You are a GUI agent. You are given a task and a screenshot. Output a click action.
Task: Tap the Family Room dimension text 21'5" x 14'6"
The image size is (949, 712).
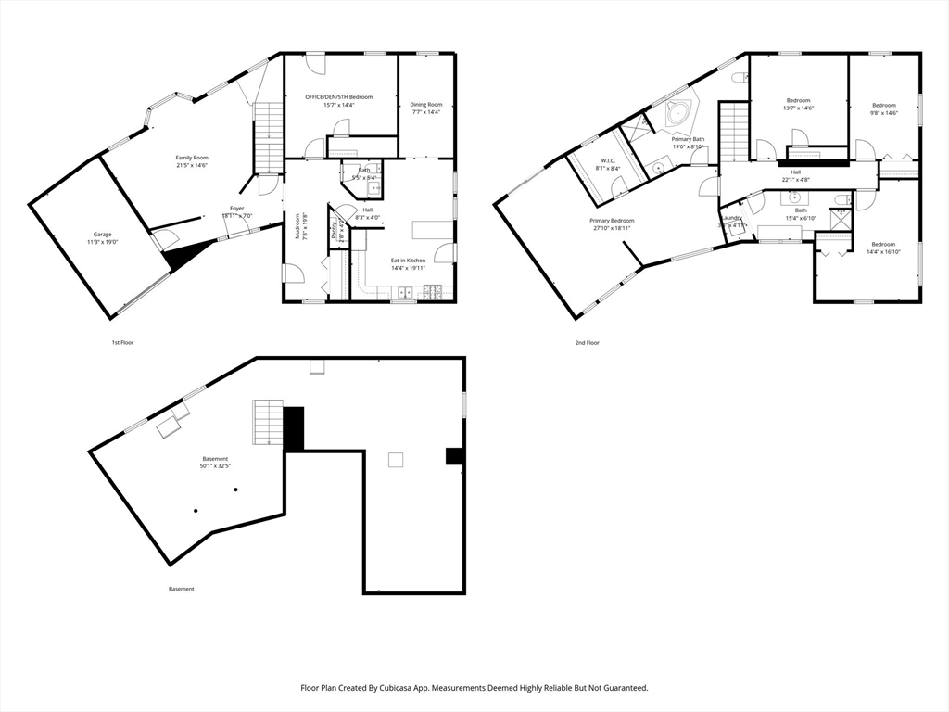pyautogui.click(x=192, y=166)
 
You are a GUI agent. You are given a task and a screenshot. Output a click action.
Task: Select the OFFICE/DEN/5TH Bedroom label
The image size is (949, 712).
pyautogui.click(x=339, y=97)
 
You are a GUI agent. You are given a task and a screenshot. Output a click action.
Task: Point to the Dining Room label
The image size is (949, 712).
pyautogui.click(x=426, y=105)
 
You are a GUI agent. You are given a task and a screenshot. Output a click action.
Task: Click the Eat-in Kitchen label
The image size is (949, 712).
pyautogui.click(x=408, y=261)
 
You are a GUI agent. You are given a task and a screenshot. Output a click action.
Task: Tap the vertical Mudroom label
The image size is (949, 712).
pyautogui.click(x=298, y=226)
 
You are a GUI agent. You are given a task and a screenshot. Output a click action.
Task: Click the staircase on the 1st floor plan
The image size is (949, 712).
pyautogui.click(x=267, y=137)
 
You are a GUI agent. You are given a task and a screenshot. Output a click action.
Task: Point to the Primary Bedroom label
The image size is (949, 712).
pyautogui.click(x=612, y=220)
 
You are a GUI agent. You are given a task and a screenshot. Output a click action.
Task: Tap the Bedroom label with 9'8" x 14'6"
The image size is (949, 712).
pyautogui.click(x=883, y=101)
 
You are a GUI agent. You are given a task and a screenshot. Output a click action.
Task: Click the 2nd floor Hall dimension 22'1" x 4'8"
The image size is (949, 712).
pyautogui.click(x=795, y=180)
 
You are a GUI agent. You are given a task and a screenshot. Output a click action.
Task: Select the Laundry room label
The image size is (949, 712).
pyautogui.click(x=732, y=218)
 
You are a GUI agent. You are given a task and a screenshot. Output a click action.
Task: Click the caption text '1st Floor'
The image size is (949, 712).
pyautogui.click(x=123, y=343)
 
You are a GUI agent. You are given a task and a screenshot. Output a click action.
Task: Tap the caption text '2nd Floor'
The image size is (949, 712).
pyautogui.click(x=587, y=343)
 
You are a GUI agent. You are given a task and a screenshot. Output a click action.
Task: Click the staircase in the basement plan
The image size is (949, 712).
pyautogui.click(x=267, y=422)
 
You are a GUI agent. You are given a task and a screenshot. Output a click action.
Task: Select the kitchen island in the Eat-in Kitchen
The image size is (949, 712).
pyautogui.click(x=432, y=230)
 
